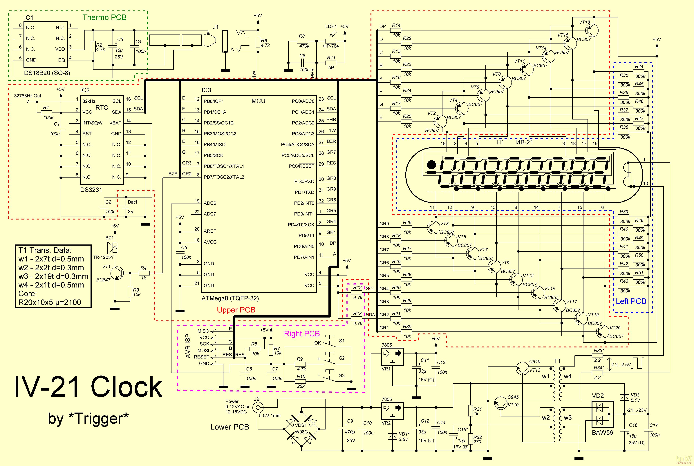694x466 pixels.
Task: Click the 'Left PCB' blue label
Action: tap(631, 301)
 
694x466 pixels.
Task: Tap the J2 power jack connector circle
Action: tap(258, 408)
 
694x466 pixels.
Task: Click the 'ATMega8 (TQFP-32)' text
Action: tap(230, 298)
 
